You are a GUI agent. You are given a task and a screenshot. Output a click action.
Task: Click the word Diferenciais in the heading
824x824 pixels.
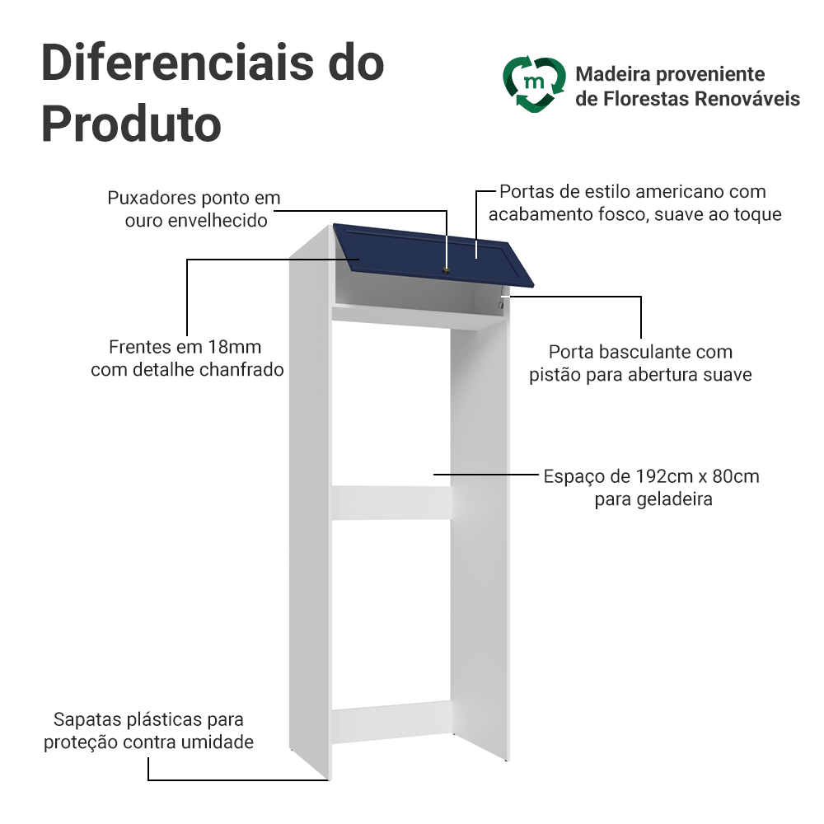pos(177,63)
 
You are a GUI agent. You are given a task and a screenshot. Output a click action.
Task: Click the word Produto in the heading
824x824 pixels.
pos(131,124)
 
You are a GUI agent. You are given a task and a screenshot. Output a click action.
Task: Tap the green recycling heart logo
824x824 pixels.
pos(534,84)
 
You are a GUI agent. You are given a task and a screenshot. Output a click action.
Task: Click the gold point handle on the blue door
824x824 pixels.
pos(446,270)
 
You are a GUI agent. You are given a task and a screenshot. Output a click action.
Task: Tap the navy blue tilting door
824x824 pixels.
pos(433,255)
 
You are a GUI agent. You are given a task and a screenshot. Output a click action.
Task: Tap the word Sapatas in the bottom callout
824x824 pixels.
pos(83,719)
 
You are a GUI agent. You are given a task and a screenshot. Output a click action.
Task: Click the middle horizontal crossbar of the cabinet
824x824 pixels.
pos(391,503)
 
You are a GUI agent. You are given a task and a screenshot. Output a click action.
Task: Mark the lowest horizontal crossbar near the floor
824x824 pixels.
pos(391,722)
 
